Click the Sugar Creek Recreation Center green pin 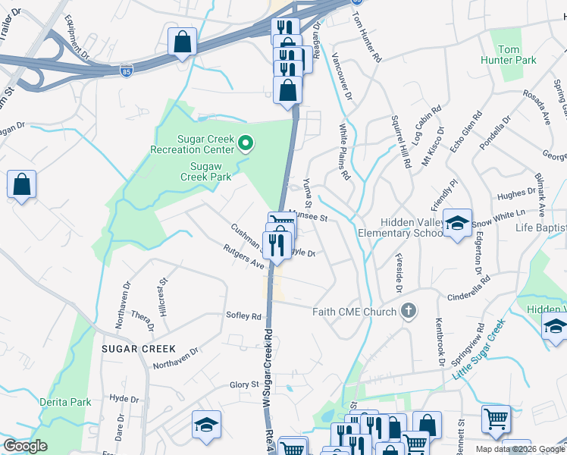coord(245,142)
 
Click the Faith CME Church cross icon coord(409,311)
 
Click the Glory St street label coord(245,385)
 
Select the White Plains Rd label coord(345,152)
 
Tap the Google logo coord(26,445)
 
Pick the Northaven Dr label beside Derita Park coord(175,357)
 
